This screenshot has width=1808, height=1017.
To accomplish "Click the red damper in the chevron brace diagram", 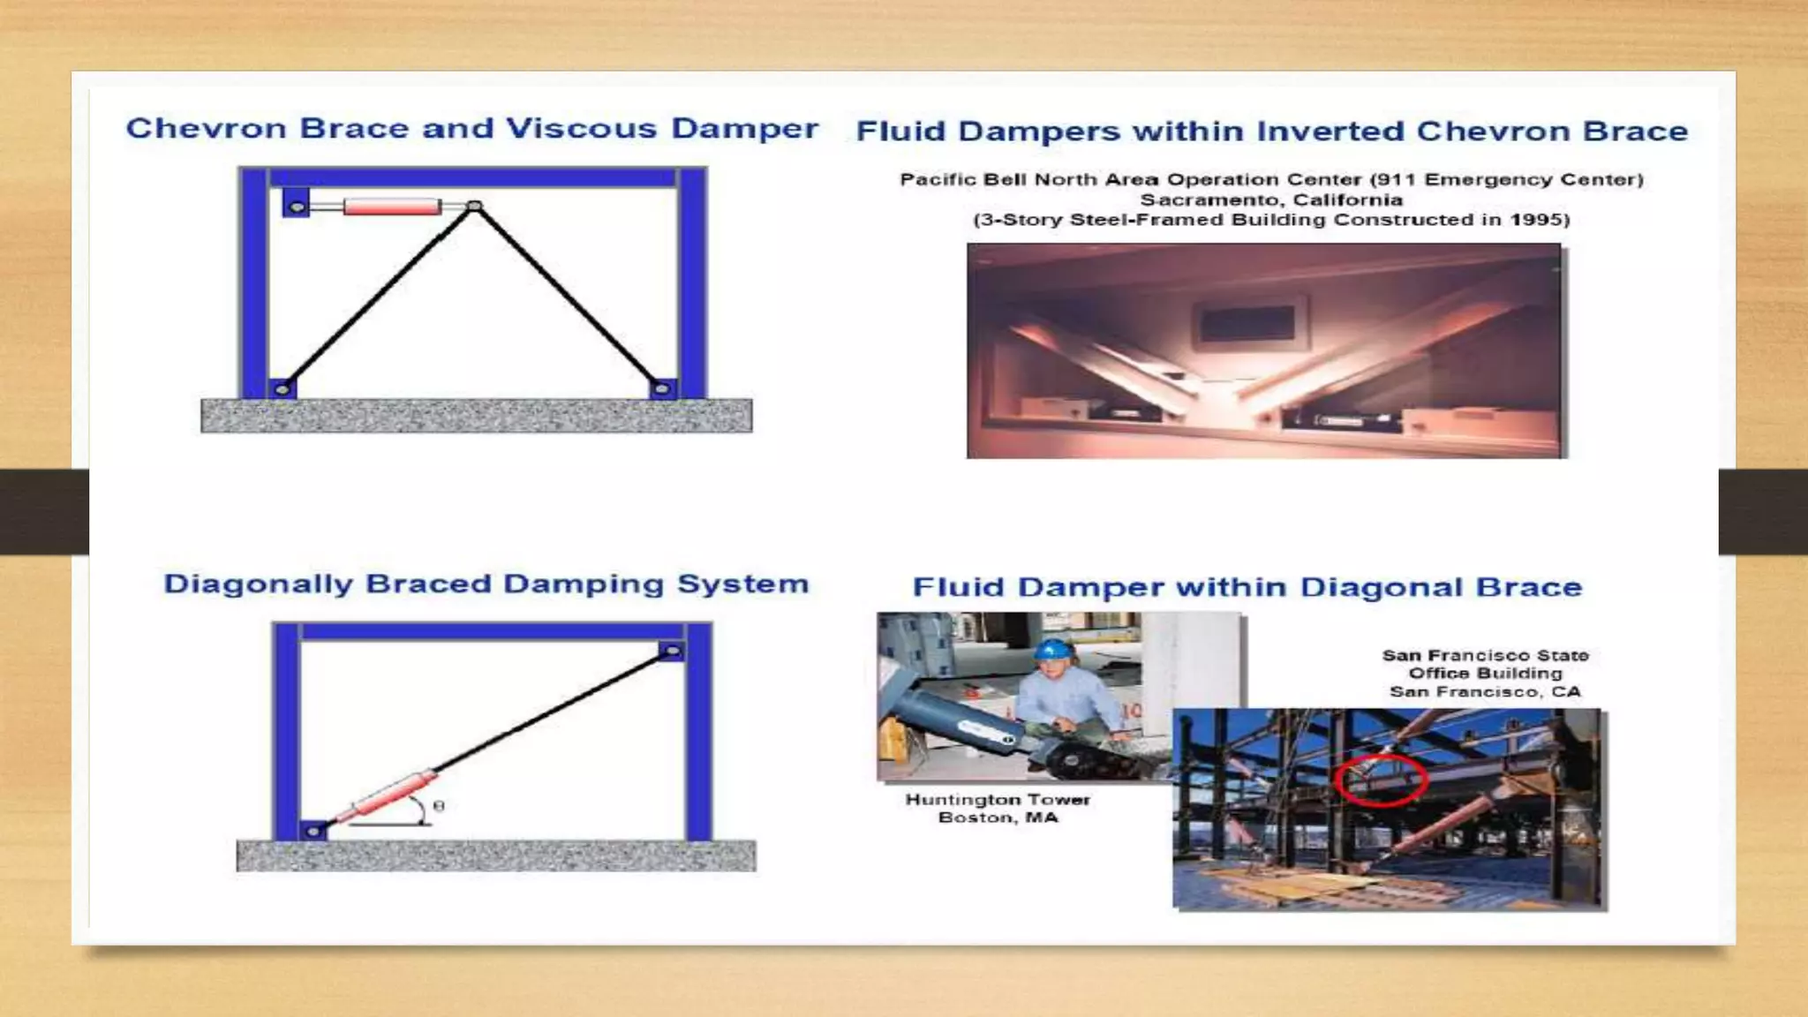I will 392,207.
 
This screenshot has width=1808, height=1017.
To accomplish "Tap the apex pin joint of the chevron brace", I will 474,207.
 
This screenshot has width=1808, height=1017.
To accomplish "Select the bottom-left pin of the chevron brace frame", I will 282,388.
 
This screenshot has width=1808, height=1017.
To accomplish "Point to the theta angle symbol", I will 439,806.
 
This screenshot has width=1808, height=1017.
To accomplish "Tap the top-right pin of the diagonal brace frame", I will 671,652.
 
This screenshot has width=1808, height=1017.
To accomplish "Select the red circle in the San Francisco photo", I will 1381,780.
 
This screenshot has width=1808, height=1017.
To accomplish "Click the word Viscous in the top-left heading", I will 581,129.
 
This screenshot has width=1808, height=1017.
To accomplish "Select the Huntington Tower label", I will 998,800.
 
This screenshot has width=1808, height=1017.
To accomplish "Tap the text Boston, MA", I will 998,818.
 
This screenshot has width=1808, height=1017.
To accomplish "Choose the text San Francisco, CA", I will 1485,692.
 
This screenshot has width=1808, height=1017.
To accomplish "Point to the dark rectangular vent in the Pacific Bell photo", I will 1247,324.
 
